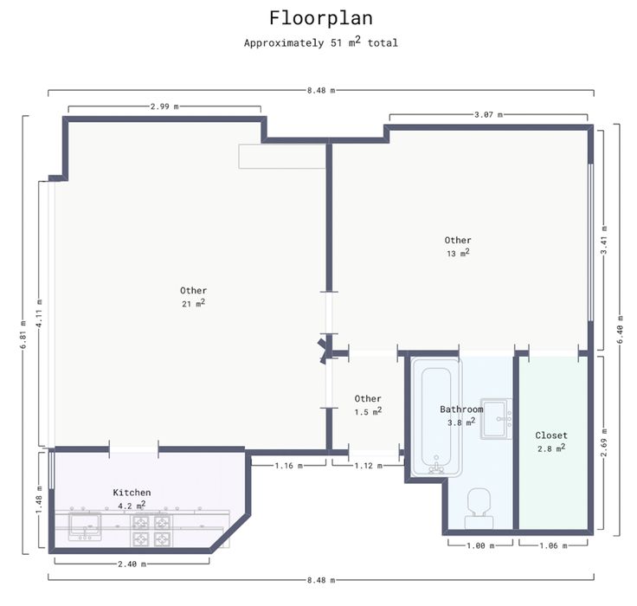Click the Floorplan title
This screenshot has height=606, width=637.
321,18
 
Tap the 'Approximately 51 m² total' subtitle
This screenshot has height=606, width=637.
321,42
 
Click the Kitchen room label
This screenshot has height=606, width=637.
132,493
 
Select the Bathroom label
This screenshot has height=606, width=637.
461,409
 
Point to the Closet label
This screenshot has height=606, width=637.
551,435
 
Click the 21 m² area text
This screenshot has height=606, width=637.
193,303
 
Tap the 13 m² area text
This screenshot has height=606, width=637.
458,253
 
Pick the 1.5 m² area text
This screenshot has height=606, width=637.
368,411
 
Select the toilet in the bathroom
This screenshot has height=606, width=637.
479,509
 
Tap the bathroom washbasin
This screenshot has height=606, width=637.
496,419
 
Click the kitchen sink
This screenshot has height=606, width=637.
85,526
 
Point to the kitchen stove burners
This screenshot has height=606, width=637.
151,531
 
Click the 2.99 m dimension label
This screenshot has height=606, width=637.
164,106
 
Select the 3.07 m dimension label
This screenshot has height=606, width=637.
489,114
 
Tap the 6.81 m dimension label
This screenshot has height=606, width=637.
23,335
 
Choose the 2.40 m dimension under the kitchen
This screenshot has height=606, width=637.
132,564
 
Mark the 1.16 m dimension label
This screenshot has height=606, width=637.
289,466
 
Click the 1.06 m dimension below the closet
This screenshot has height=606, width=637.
553,546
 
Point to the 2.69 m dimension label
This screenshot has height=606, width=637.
604,442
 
